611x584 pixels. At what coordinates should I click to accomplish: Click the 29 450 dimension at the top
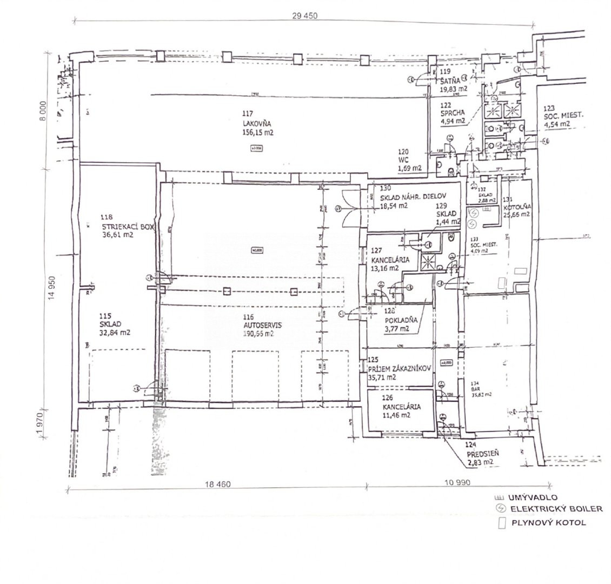pos(303,16)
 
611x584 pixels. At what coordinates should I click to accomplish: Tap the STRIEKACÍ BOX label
pos(128,227)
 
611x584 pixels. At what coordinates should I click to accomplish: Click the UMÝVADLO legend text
pos(532,497)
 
